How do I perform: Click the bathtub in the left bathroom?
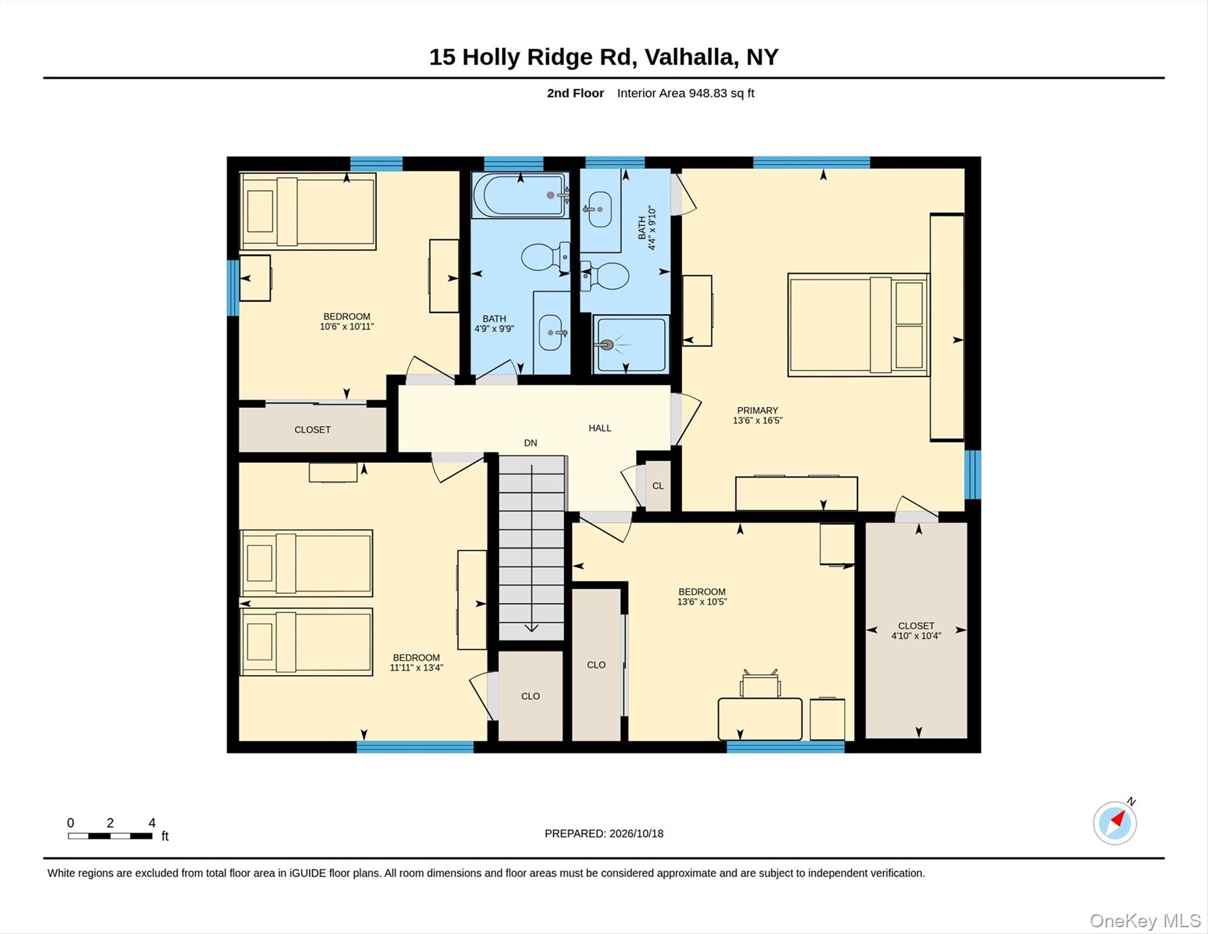point(521,195)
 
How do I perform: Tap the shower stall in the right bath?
point(631,344)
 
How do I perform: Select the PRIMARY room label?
point(758,410)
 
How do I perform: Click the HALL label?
point(600,428)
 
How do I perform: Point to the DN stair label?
point(530,443)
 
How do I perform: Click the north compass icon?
point(1115,823)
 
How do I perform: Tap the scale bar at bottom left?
point(110,836)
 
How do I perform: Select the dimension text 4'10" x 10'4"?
point(916,636)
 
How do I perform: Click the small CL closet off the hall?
point(658,486)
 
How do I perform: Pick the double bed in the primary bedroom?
point(859,325)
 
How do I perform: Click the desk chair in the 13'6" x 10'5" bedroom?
point(760,684)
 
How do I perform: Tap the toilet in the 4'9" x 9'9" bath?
point(546,257)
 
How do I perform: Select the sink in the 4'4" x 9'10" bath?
point(599,209)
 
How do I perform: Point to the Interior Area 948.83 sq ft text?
point(685,93)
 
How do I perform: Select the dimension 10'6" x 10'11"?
point(347,327)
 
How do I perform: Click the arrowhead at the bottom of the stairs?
point(532,628)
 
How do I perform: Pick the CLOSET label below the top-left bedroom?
point(312,430)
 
